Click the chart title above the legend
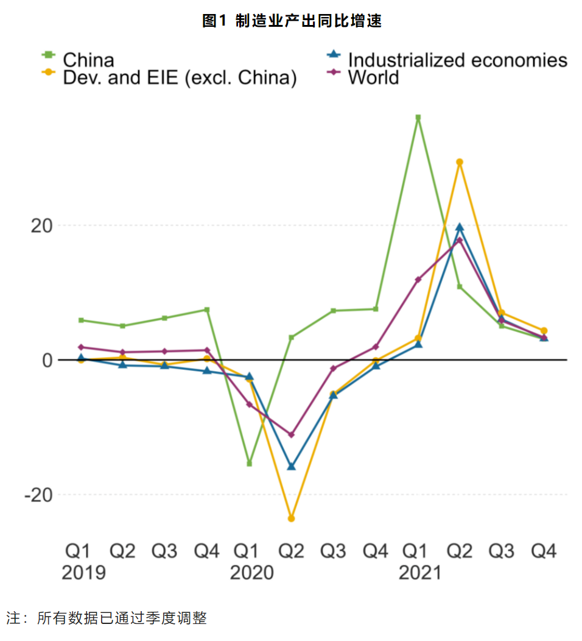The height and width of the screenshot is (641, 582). pyautogui.click(x=292, y=21)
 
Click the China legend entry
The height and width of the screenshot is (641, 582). pyautogui.click(x=88, y=60)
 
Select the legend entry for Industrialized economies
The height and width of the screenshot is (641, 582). pyautogui.click(x=457, y=60)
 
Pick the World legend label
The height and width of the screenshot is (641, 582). pyautogui.click(x=373, y=77)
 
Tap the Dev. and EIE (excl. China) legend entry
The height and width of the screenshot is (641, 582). pyautogui.click(x=180, y=77)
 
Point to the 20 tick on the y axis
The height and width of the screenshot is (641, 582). pyautogui.click(x=41, y=225)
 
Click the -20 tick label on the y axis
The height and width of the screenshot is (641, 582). pyautogui.click(x=38, y=495)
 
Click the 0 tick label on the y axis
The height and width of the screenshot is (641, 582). pyautogui.click(x=47, y=360)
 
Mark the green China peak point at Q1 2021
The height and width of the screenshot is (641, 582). pyautogui.click(x=418, y=118)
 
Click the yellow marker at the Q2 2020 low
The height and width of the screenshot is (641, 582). pyautogui.click(x=291, y=519)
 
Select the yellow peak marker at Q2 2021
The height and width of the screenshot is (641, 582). pyautogui.click(x=460, y=162)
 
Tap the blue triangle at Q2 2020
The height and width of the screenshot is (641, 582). pyautogui.click(x=291, y=467)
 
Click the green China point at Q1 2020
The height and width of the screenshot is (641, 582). pyautogui.click(x=249, y=464)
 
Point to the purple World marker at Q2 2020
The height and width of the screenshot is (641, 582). pyautogui.click(x=291, y=434)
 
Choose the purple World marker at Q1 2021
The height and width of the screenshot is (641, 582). pyautogui.click(x=418, y=280)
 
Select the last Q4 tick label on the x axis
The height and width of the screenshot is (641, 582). pyautogui.click(x=544, y=551)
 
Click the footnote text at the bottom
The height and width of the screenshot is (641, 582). pyautogui.click(x=107, y=619)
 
